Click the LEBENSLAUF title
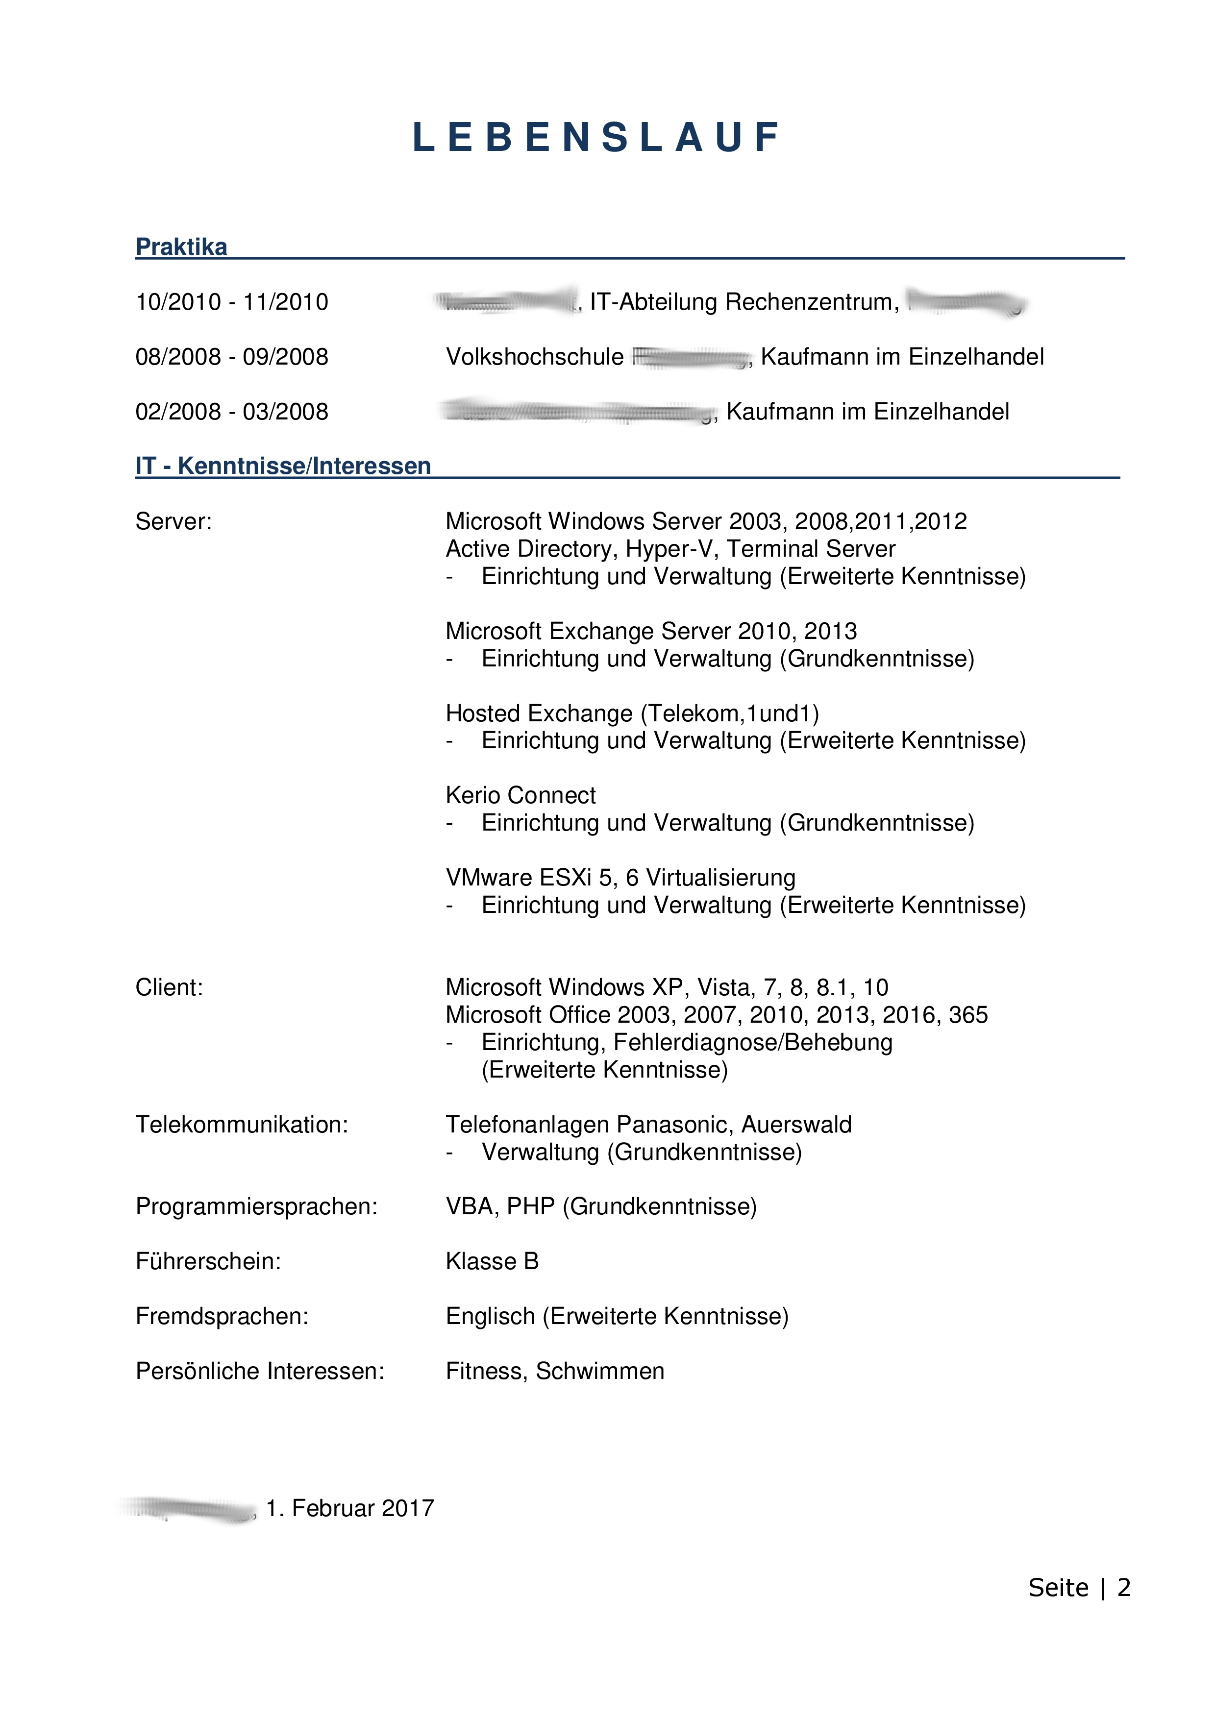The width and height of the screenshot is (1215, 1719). (596, 138)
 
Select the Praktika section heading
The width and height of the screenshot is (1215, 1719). (181, 246)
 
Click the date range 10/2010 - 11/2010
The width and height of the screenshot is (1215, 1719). (232, 302)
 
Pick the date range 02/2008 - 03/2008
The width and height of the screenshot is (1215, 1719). (232, 411)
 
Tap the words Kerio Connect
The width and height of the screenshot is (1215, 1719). (521, 795)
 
